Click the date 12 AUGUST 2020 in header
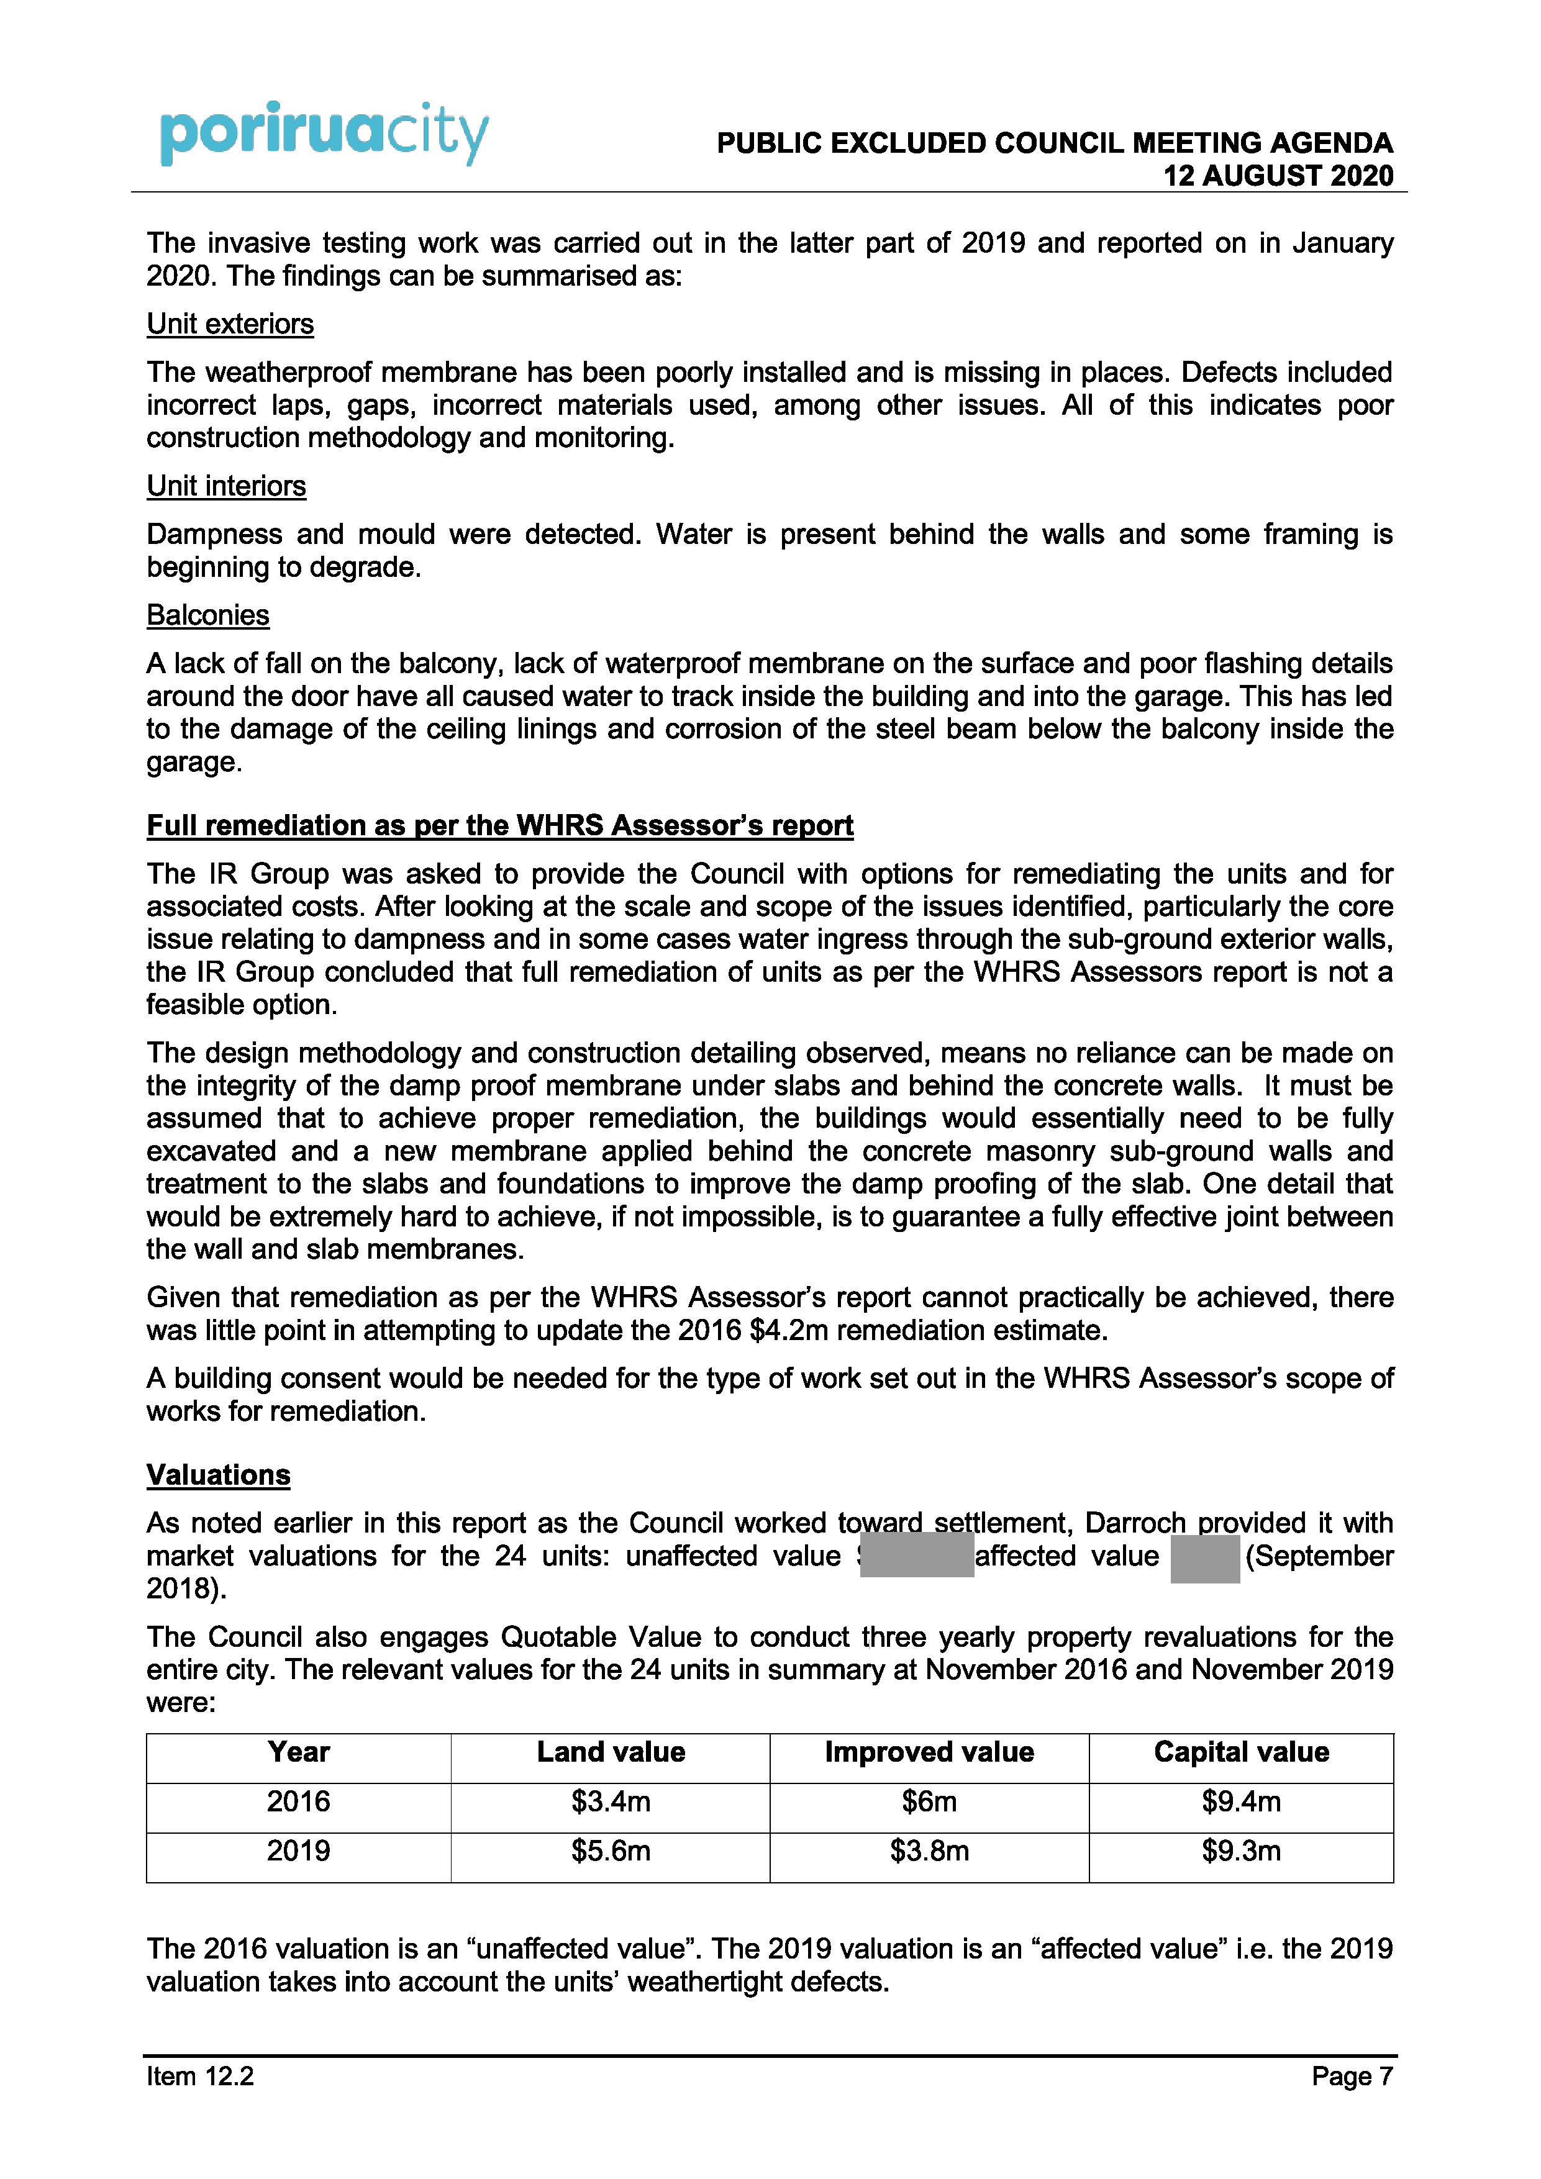[x=1278, y=176]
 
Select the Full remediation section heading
[x=499, y=826]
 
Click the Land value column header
[x=611, y=1752]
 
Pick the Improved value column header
[x=929, y=1752]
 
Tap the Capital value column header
[x=1241, y=1752]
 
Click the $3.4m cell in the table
[x=611, y=1801]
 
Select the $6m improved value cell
[x=929, y=1801]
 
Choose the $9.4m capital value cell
[x=1241, y=1801]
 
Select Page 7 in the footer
[x=1352, y=2077]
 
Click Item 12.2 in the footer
[x=201, y=2077]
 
